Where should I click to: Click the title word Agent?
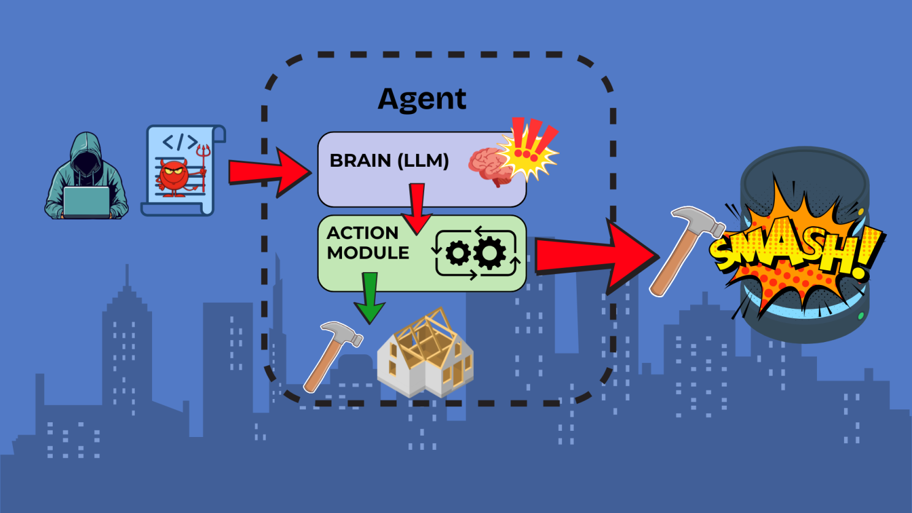[x=422, y=99]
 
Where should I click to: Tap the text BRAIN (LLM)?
[x=389, y=161]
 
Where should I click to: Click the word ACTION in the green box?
[x=362, y=233]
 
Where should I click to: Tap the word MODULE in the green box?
[x=368, y=253]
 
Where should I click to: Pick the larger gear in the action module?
[x=490, y=253]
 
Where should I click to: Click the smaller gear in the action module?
[x=458, y=253]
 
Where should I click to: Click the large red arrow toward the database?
[x=595, y=254]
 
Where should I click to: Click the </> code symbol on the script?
[x=180, y=143]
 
